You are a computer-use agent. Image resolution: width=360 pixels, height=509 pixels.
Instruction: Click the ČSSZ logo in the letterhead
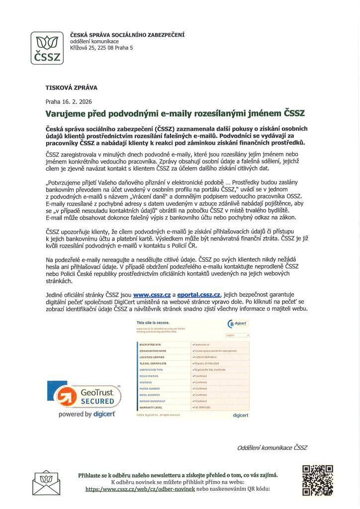47,48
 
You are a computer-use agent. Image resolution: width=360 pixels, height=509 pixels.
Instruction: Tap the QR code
317,480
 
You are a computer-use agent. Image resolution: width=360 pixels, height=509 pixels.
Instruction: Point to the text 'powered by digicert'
87,414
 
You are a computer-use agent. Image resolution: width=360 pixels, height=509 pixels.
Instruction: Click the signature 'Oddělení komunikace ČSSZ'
272,447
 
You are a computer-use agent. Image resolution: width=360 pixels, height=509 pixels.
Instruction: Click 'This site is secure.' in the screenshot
149,323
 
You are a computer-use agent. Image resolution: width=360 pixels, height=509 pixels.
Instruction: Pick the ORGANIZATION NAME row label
153,350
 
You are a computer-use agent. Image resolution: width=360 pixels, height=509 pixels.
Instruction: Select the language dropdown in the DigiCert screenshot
238,336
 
